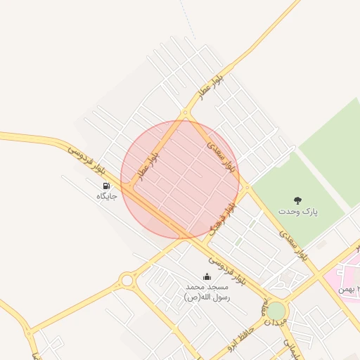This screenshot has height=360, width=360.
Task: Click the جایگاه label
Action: point(105,196)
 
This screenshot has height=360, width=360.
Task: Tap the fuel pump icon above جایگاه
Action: point(105,186)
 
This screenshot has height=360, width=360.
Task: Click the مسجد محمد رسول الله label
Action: point(207,292)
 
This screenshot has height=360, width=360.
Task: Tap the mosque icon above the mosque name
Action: point(207,276)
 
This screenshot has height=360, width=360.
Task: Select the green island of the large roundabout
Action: point(277,310)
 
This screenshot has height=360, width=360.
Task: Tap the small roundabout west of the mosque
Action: point(127,281)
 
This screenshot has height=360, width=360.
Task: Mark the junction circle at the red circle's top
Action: point(185,113)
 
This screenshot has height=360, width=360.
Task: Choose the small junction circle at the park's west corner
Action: point(247,187)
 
